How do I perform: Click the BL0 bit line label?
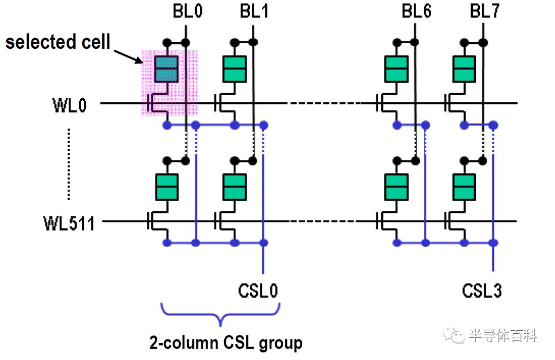tap(188, 11)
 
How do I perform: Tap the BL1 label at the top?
tap(254, 11)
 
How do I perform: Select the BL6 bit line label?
tap(417, 11)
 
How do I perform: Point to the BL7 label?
tap(485, 11)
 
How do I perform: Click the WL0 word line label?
tap(69, 105)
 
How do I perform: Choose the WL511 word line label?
tap(69, 224)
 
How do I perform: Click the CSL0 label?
tap(257, 291)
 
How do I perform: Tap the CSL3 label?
tap(482, 291)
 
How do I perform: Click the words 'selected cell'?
tap(58, 42)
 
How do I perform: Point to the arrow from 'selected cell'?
tap(128, 57)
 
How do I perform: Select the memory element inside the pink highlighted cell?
tap(166, 69)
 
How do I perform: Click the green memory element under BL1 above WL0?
tap(234, 69)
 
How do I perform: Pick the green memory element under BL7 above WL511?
tap(464, 187)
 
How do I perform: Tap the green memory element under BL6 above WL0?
tap(396, 69)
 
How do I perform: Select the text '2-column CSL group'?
tap(226, 343)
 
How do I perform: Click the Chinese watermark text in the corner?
tap(503, 335)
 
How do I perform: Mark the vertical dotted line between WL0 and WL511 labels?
tap(69, 165)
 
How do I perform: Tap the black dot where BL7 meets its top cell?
tap(483, 43)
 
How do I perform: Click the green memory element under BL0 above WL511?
tap(166, 187)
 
